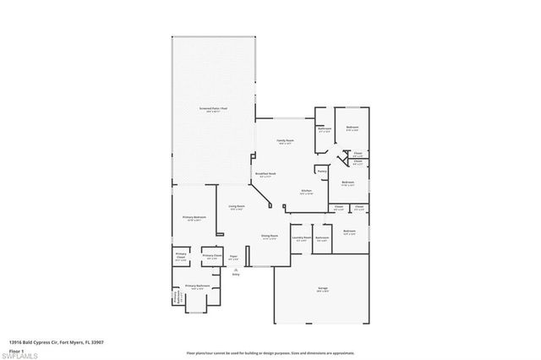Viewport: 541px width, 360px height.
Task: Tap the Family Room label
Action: pos(285,141)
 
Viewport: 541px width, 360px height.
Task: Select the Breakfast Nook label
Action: pos(265,175)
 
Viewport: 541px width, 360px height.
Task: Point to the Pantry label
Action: pos(322,170)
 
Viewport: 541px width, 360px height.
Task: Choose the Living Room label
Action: pos(236,207)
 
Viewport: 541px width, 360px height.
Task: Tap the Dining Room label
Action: pos(270,237)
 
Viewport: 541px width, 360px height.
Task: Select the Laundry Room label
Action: pos(302,237)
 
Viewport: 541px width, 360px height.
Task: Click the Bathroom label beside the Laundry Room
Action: pos(322,237)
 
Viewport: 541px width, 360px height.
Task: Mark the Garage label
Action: pos(323,289)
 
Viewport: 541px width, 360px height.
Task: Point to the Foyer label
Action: pos(234,256)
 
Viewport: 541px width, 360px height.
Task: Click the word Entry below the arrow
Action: pos(236,275)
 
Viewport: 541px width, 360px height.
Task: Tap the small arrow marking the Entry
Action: pos(236,269)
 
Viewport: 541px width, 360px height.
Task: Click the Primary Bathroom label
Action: pos(196,286)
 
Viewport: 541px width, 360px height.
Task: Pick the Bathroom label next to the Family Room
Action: pos(325,129)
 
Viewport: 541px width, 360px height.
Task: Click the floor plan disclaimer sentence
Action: pos(270,351)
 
